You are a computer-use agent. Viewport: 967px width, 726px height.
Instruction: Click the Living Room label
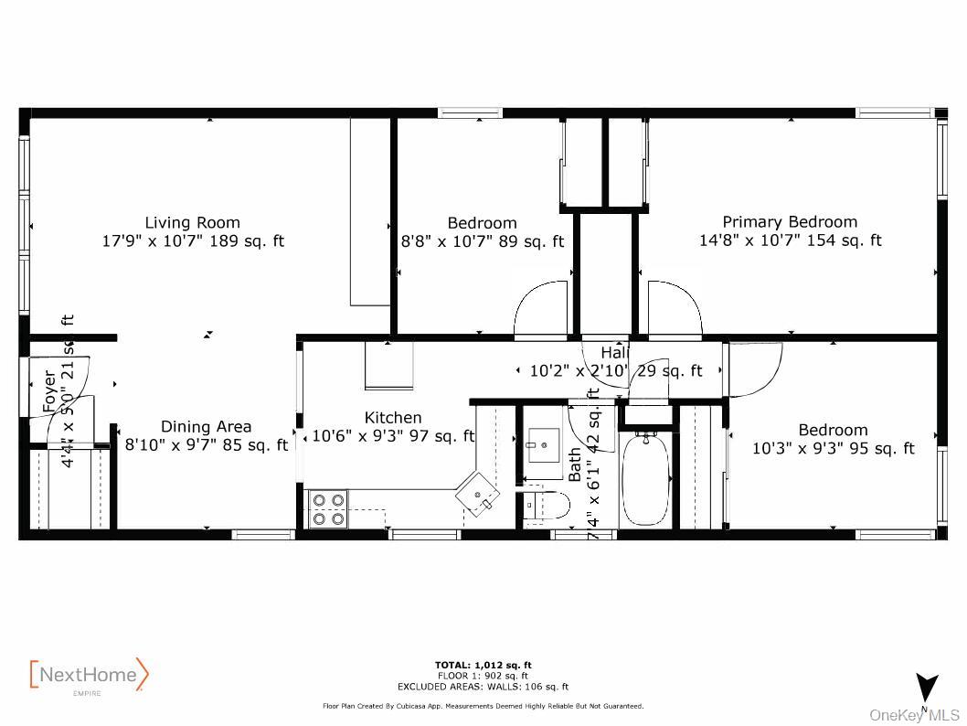(193, 222)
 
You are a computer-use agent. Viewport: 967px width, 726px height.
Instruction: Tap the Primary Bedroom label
(790, 222)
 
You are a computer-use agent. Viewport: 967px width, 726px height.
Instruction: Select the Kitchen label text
(393, 418)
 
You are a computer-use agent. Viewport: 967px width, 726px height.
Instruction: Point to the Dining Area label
(206, 426)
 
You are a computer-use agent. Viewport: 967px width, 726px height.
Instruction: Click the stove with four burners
(328, 509)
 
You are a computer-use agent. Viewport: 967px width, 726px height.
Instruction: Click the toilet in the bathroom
(547, 504)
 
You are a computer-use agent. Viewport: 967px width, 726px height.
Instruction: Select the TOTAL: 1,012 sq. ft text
(483, 665)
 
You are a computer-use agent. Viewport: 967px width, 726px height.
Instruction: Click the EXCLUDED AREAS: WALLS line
(483, 686)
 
